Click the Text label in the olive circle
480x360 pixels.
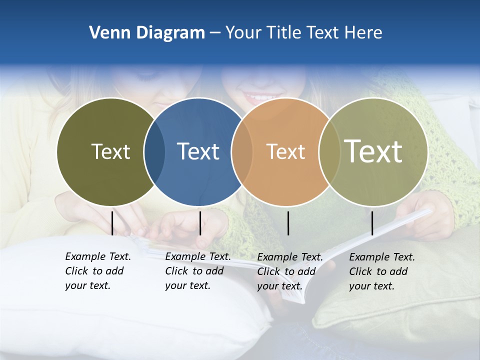click(110, 151)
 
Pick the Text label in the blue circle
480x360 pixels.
click(198, 151)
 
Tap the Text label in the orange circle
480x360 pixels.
click(285, 151)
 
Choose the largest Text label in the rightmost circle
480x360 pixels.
click(373, 151)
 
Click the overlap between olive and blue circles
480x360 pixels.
click(154, 152)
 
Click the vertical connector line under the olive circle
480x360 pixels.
click(112, 223)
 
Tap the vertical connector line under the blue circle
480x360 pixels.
click(200, 223)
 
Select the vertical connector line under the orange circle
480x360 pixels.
click(288, 223)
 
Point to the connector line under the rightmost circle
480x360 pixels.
click(372, 223)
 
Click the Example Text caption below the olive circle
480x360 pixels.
click(97, 271)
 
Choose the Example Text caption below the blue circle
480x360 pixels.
click(197, 271)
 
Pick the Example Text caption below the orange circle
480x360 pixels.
click(289, 271)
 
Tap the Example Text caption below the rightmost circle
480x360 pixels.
click(381, 271)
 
